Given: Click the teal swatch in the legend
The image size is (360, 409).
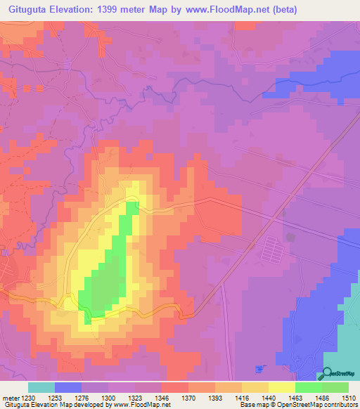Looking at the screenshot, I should (41, 387).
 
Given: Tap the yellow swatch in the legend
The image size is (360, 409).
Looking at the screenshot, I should (281, 387).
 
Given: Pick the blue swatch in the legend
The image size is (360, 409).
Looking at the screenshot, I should (68, 387).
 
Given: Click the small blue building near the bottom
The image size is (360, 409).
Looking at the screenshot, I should (260, 369).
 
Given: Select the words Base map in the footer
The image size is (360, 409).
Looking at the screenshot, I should (251, 405).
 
